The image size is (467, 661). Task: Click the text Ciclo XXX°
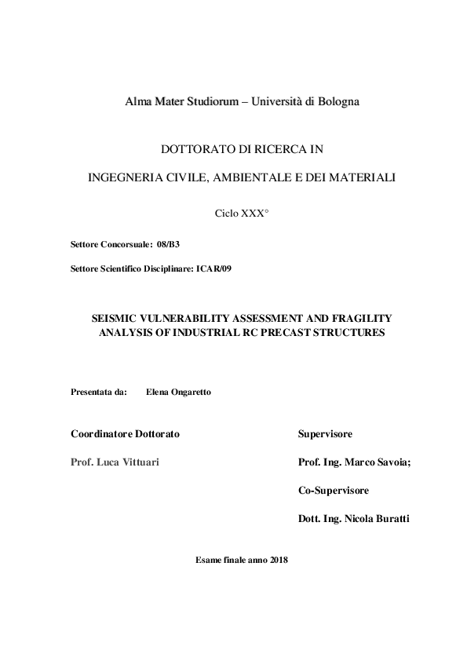242,213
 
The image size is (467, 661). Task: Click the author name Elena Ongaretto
178,393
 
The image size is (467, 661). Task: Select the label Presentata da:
99,393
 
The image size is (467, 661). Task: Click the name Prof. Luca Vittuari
115,462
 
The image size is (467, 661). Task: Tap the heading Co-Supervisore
334,491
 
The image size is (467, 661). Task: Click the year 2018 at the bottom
279,560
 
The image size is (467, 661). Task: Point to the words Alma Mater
149,101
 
